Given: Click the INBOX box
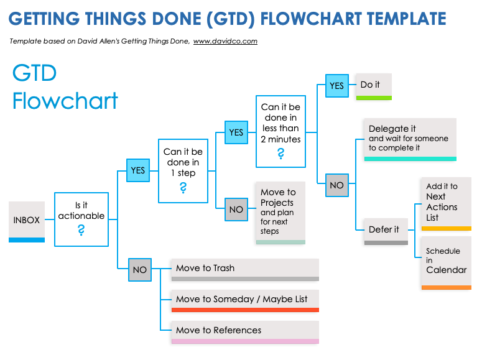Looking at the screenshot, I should coord(27,220).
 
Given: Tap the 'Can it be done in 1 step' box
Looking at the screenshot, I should coord(183,170).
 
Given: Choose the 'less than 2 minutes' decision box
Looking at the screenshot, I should coord(280,131).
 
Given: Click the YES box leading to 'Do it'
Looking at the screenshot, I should coord(336,86).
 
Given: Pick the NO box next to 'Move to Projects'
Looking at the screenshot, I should coord(236,210).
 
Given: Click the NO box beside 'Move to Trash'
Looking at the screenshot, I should coord(139,270).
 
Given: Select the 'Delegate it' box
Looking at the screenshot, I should coord(410,138).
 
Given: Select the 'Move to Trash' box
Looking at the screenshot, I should coord(244,269).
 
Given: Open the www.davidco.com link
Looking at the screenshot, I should coord(225,42).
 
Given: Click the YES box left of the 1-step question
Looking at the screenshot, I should coord(138,170).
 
